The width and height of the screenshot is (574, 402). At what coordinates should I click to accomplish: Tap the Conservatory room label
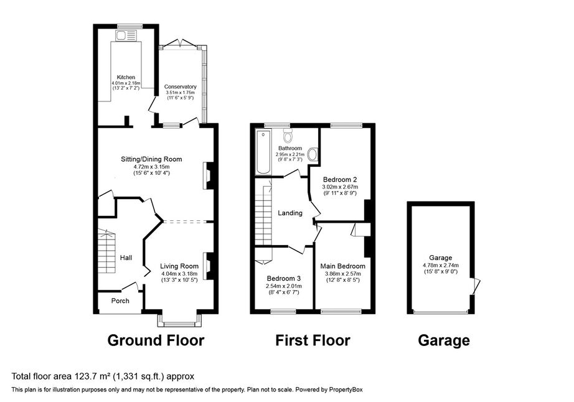[x=181, y=87]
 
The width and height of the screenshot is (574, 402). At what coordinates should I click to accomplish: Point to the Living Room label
[x=179, y=266]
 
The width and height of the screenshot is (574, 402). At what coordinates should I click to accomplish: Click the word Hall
[x=126, y=258]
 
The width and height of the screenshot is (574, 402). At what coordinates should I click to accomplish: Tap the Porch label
[x=120, y=301]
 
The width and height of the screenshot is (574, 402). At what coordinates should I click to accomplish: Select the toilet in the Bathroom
[x=288, y=136]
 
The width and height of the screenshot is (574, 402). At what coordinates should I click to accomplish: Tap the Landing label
[x=290, y=213]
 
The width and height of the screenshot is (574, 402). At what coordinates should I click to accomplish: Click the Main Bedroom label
[x=345, y=266]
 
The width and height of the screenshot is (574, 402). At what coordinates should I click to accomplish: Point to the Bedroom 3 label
[x=283, y=278]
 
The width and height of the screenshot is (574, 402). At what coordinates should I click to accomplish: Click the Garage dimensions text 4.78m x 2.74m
[x=440, y=264]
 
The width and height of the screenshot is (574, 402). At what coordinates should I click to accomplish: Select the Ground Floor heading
[x=156, y=340]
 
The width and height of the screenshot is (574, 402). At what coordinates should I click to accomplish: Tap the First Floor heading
[x=313, y=340]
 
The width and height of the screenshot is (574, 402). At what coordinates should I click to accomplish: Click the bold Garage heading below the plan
[x=443, y=340]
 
